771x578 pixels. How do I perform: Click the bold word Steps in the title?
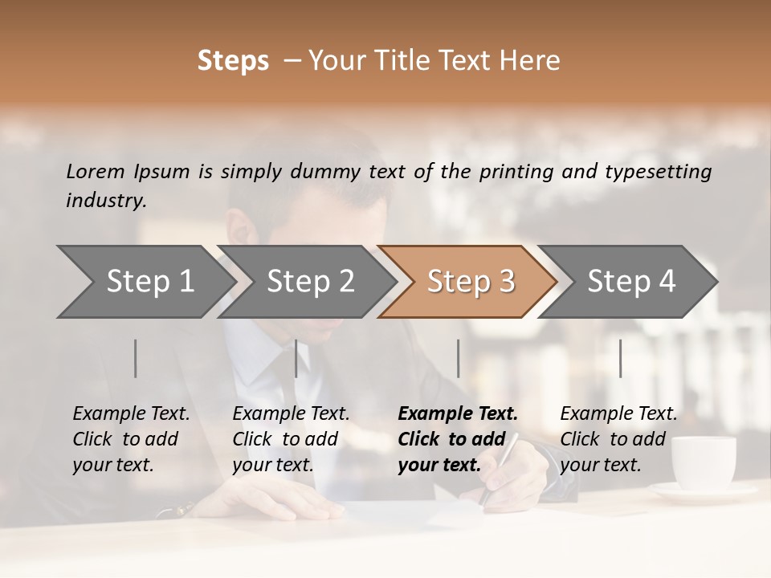point(233,61)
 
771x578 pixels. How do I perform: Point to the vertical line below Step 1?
point(136,358)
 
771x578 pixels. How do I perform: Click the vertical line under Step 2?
point(296,358)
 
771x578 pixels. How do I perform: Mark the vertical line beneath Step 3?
point(458,358)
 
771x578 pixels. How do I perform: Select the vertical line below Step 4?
point(620,358)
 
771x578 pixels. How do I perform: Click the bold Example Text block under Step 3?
point(457,439)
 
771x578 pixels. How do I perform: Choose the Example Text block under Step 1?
point(131,439)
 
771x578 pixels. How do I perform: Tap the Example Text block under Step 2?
point(291,439)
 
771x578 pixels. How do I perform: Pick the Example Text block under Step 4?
point(618,439)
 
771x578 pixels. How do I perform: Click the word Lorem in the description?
point(96,172)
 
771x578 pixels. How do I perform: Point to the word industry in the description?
point(106,201)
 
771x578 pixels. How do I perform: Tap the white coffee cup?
point(703,462)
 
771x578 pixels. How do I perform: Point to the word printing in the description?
point(509,172)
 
